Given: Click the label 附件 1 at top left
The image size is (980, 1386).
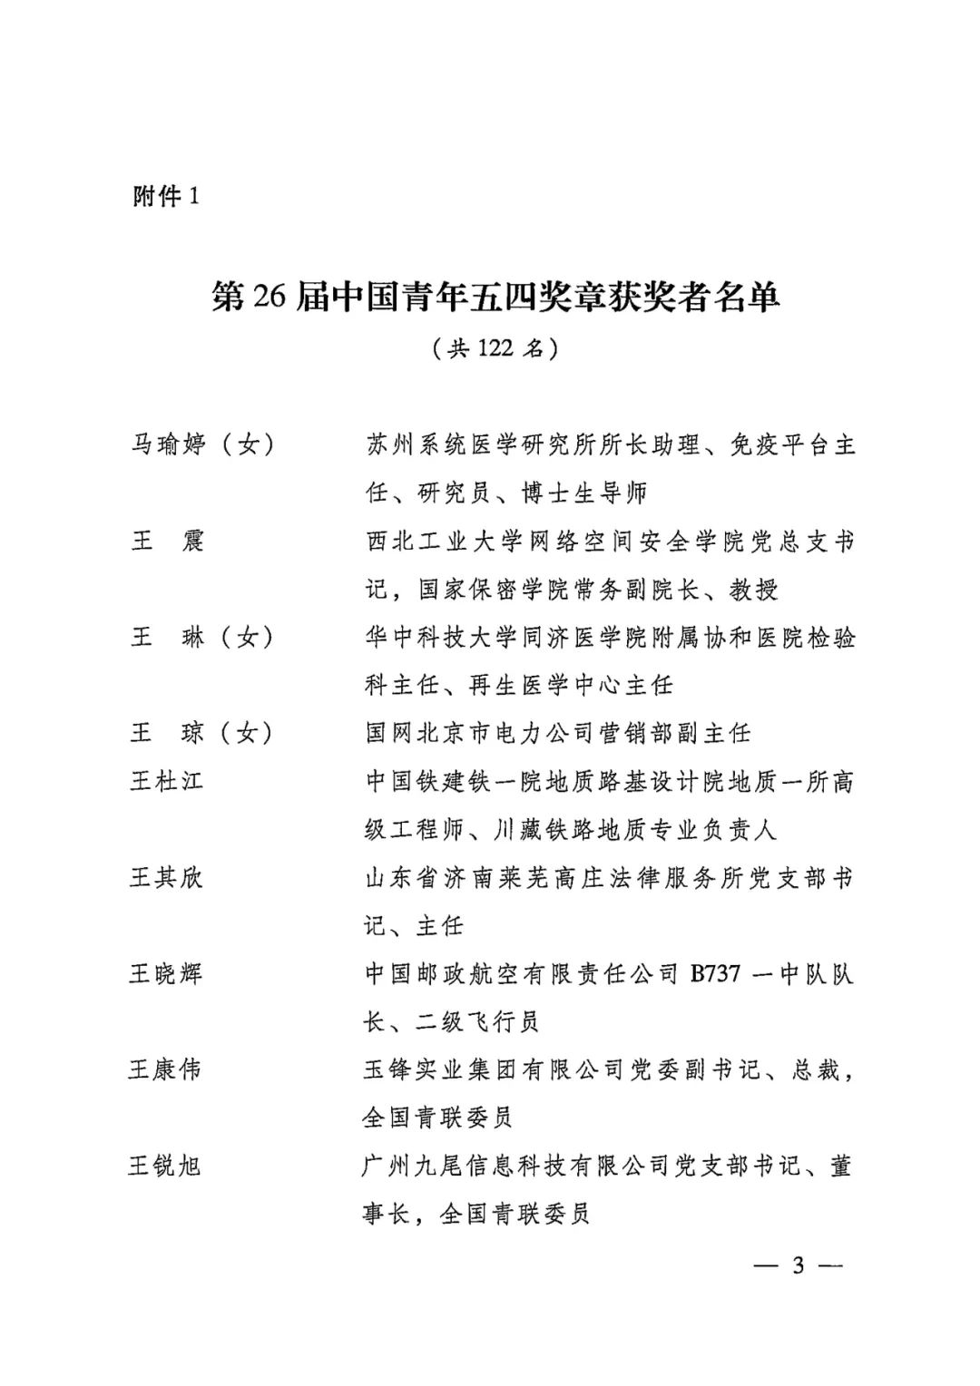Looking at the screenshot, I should (x=165, y=196).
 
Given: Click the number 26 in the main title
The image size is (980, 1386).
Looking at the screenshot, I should (x=269, y=297).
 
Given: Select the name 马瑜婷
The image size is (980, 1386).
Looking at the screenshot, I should (x=169, y=445).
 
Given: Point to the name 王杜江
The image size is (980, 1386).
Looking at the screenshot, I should (x=166, y=781).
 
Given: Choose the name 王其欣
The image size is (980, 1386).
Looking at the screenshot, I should (x=166, y=877).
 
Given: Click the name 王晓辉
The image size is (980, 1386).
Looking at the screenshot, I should (x=166, y=973).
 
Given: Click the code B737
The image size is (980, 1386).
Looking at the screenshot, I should (x=715, y=974).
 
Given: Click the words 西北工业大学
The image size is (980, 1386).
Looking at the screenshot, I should (x=444, y=542).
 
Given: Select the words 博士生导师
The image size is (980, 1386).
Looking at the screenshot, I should (x=584, y=493).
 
